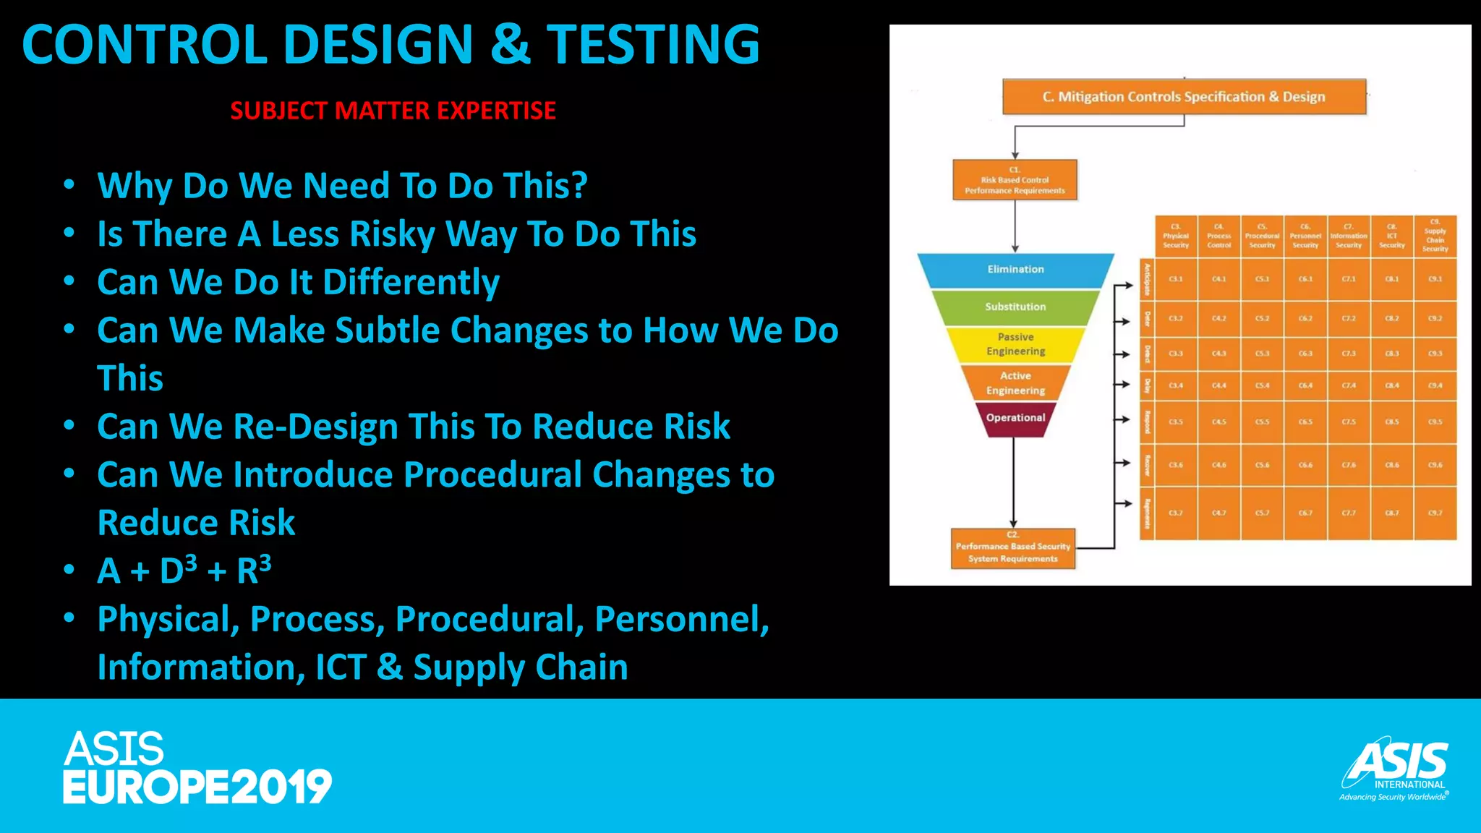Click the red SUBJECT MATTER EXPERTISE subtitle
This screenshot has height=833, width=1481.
(x=393, y=111)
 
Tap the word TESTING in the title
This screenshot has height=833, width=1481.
(x=652, y=45)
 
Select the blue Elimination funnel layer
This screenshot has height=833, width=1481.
(x=1015, y=270)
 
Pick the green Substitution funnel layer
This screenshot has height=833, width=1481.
(x=1015, y=307)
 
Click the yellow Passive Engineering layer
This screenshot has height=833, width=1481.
(x=1015, y=344)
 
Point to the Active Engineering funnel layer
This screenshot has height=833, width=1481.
(x=1015, y=383)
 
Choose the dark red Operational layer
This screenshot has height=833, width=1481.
(x=1015, y=419)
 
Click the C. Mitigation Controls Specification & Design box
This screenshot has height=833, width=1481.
(x=1184, y=97)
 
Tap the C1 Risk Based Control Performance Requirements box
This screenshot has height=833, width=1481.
(x=1015, y=180)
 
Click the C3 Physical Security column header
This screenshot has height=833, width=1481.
(x=1176, y=236)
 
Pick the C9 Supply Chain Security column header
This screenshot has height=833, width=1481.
(x=1435, y=236)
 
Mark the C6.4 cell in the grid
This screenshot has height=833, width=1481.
(x=1305, y=386)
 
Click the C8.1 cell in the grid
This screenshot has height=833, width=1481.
(x=1391, y=279)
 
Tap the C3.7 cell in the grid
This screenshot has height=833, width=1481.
(x=1176, y=513)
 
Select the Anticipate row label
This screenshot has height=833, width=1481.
(x=1147, y=280)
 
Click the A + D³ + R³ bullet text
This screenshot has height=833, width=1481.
(x=184, y=571)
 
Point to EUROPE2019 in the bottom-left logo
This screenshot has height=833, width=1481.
(x=197, y=787)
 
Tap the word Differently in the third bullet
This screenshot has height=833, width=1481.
(x=411, y=282)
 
